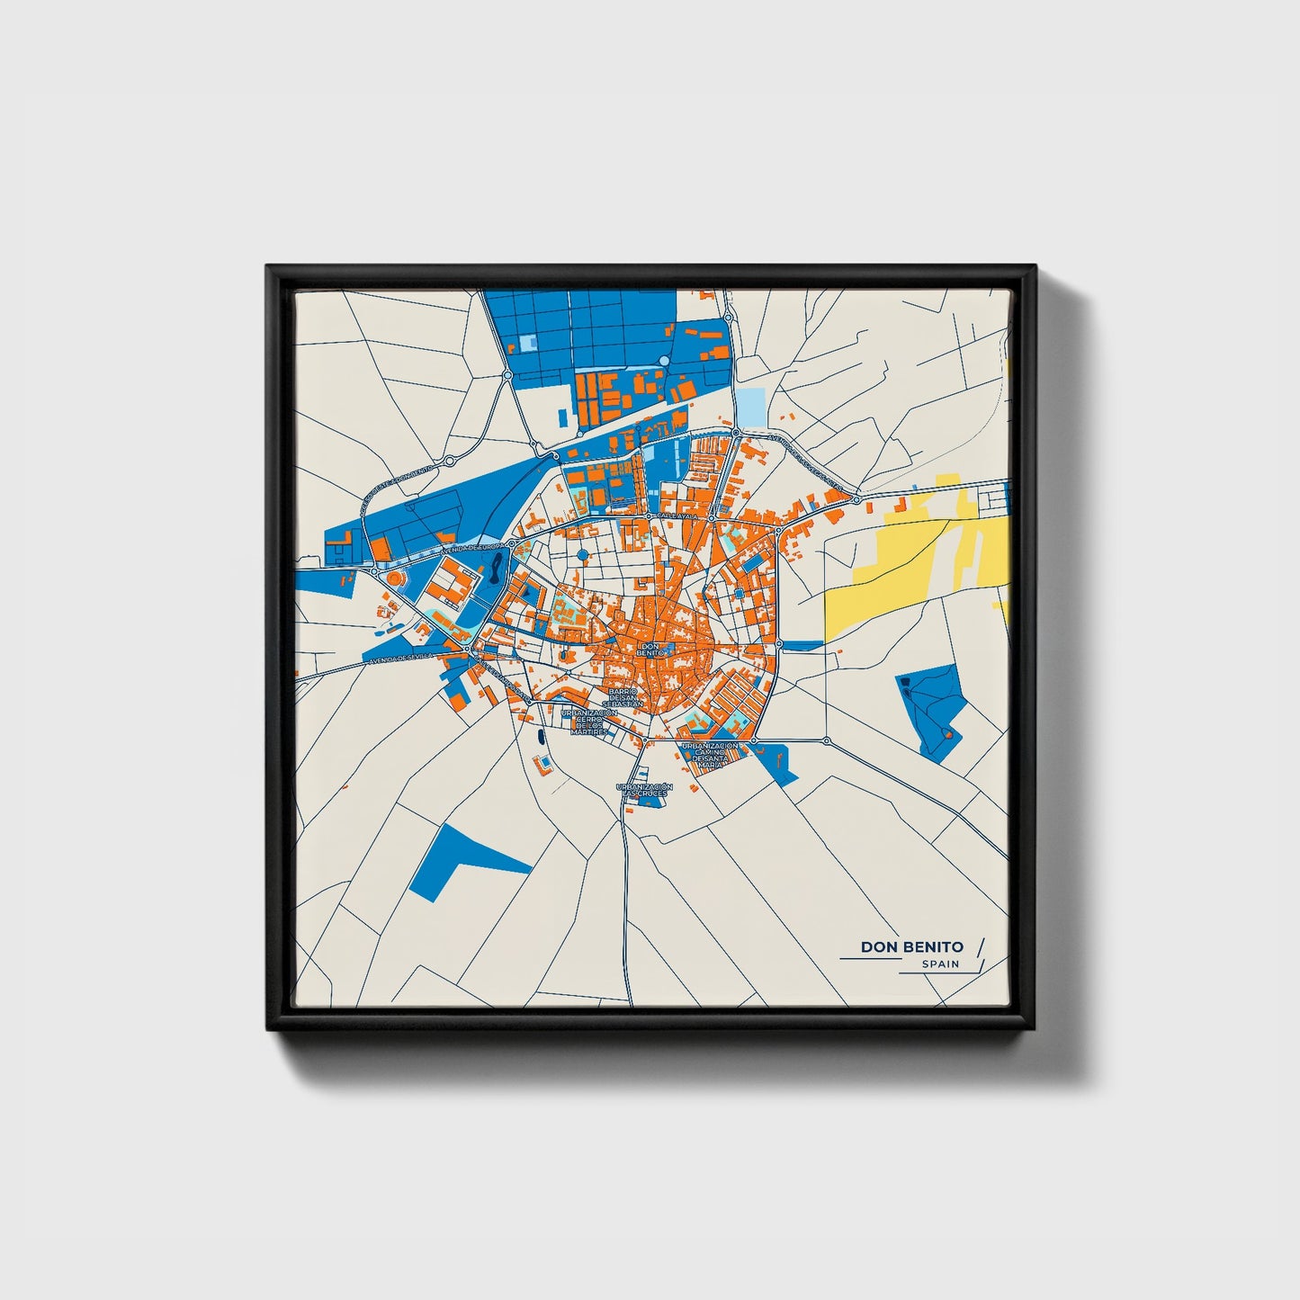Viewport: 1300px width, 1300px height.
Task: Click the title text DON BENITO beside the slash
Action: tap(911, 946)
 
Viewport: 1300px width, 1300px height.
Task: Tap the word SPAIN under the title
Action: tap(940, 964)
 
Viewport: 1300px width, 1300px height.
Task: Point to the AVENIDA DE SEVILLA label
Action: tap(400, 659)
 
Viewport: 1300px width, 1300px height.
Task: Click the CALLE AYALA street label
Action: tap(677, 516)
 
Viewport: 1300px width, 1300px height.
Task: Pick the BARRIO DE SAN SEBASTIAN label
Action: tap(622, 697)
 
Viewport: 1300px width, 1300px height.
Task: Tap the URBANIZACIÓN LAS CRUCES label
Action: tap(642, 790)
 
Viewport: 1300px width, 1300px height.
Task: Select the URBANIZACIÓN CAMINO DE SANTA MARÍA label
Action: tap(710, 754)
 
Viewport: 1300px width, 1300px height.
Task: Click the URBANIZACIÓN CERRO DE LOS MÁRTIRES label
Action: tap(588, 722)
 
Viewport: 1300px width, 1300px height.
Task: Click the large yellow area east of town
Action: tap(909, 567)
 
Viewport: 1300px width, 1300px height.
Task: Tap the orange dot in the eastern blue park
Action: tap(946, 737)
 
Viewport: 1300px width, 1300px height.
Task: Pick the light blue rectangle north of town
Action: tap(750, 407)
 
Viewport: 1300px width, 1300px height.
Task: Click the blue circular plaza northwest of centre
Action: tap(582, 554)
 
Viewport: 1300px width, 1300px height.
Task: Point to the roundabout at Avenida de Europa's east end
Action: tap(511, 544)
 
